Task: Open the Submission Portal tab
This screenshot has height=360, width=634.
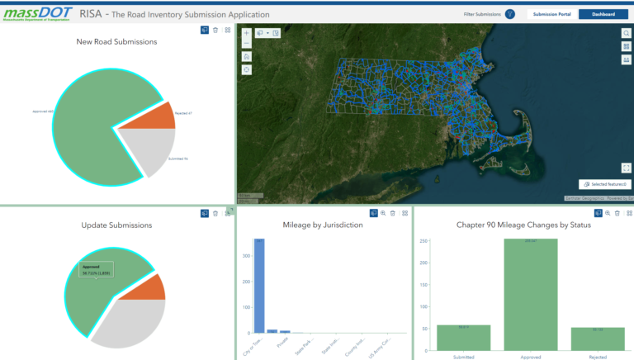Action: click(x=552, y=14)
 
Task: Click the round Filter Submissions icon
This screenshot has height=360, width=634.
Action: click(x=509, y=14)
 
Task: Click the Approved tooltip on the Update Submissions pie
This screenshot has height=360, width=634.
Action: click(x=97, y=270)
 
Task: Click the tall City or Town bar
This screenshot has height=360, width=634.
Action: click(x=259, y=285)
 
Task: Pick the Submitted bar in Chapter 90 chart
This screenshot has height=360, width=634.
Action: click(x=463, y=337)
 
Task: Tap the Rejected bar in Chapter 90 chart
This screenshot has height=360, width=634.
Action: click(x=598, y=339)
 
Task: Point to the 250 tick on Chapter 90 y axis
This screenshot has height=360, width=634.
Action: click(x=423, y=241)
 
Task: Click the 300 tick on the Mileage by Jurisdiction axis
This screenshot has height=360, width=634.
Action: click(x=245, y=257)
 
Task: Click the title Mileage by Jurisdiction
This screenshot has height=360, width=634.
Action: click(x=324, y=225)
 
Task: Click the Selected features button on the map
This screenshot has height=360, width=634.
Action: click(x=605, y=184)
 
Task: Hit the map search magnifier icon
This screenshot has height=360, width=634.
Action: click(x=627, y=34)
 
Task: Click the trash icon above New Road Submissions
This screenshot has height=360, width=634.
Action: click(x=215, y=30)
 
